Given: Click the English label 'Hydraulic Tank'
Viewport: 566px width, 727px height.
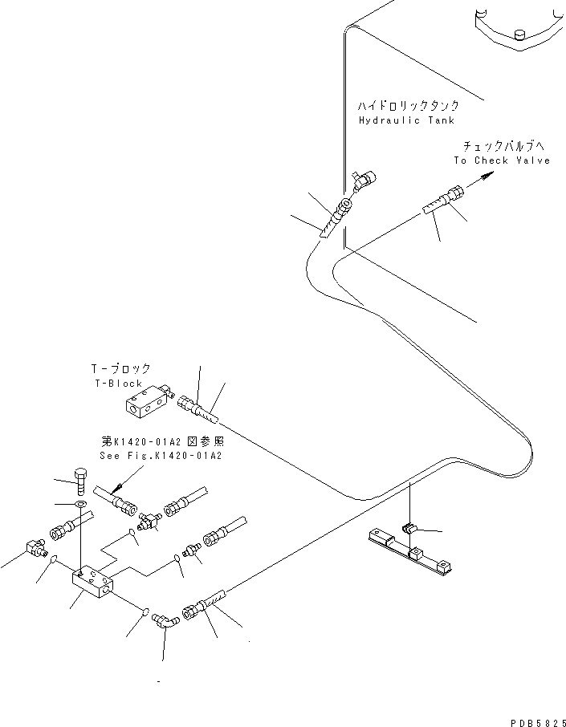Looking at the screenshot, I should pos(406,120).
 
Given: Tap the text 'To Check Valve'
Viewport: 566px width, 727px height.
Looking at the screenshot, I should pos(502,160).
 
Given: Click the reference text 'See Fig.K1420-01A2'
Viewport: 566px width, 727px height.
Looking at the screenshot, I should pos(160,455).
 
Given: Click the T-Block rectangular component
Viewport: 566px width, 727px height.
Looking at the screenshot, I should pos(147,400).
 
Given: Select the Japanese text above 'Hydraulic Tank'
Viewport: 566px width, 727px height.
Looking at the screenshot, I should pos(409,105).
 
